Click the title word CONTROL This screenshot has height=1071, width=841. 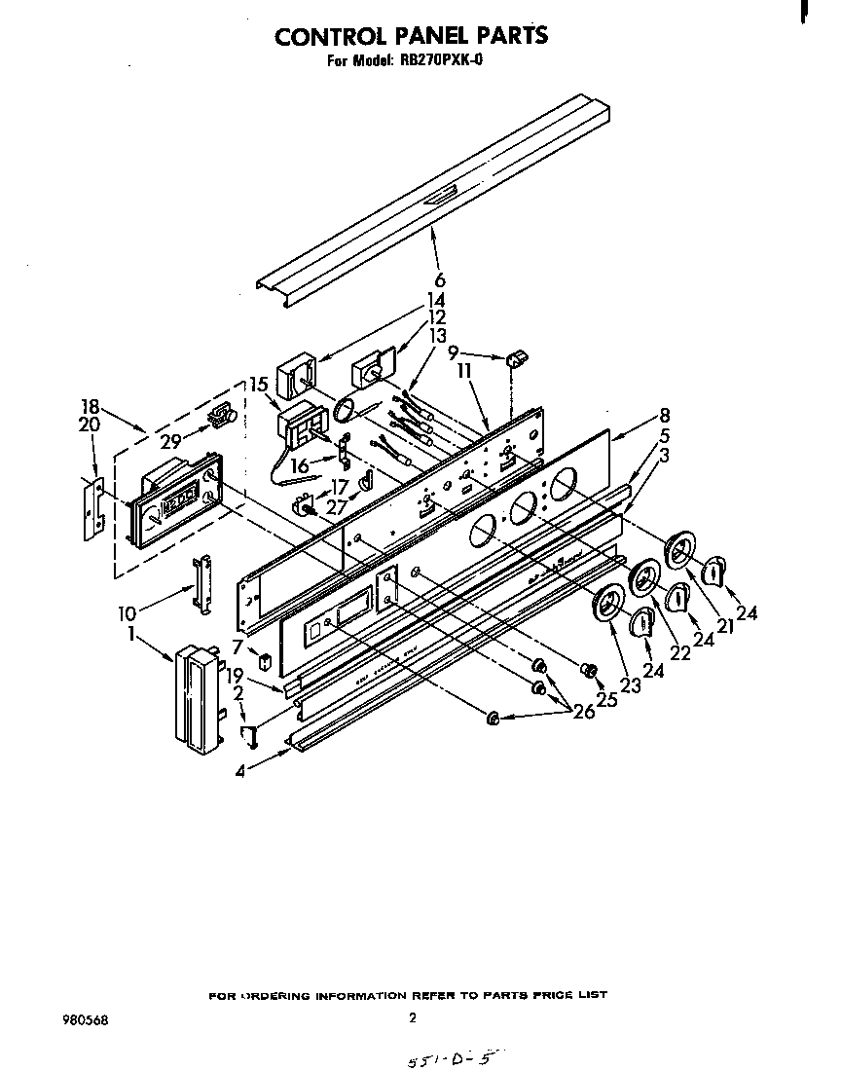[327, 36]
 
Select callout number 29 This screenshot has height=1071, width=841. [171, 440]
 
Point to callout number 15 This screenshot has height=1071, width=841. [259, 385]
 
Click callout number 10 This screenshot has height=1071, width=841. [127, 614]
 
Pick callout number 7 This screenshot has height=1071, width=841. [237, 646]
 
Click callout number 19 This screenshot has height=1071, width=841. [234, 675]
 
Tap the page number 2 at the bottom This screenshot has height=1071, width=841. [413, 1018]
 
